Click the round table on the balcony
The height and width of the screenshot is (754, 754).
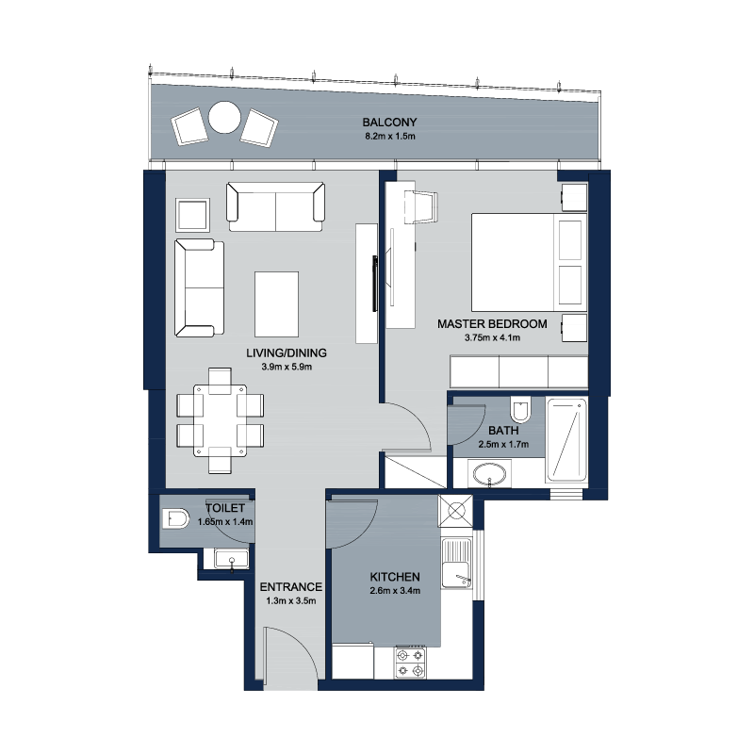click(224, 117)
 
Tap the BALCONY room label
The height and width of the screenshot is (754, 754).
click(389, 123)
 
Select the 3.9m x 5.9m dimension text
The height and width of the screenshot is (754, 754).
click(287, 367)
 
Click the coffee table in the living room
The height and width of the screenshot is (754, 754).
click(276, 303)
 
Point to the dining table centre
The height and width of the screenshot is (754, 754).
click(220, 420)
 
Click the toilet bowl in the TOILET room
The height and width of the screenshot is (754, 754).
click(175, 519)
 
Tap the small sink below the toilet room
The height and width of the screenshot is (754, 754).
click(232, 559)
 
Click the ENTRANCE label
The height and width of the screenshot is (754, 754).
click(291, 587)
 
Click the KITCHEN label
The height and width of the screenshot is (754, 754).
click(395, 577)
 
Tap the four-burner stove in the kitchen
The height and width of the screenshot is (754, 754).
click(411, 663)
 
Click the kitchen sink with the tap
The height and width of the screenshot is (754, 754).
click(457, 563)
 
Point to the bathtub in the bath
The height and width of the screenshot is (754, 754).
click(566, 440)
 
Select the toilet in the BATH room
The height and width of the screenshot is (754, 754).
click(520, 409)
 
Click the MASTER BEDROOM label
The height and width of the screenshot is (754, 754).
click(492, 324)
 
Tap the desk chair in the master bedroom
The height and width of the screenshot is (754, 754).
click(421, 206)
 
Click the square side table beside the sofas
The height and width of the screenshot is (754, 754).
click(192, 215)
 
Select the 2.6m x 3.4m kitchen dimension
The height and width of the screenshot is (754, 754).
click(395, 591)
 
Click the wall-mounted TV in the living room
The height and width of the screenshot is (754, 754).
click(374, 284)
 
